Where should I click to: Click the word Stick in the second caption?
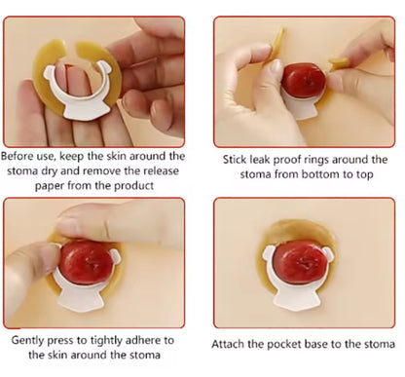240,159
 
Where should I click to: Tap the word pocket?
294,344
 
